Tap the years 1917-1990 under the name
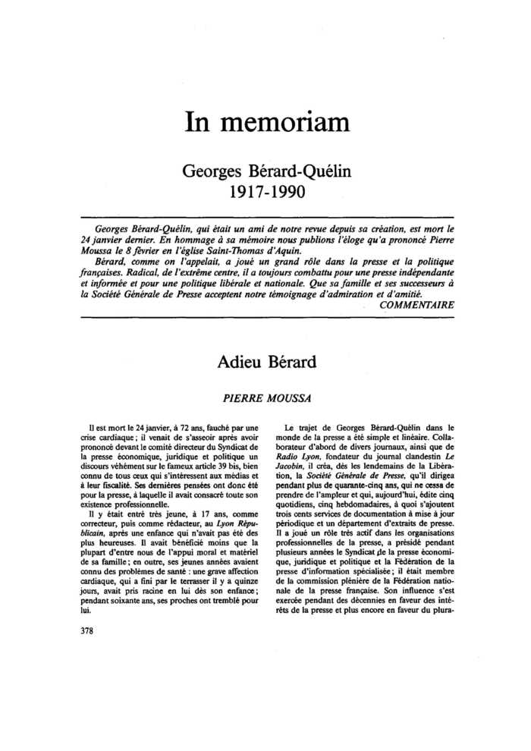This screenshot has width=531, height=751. tap(266, 191)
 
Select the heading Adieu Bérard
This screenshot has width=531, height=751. tap(266, 362)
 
